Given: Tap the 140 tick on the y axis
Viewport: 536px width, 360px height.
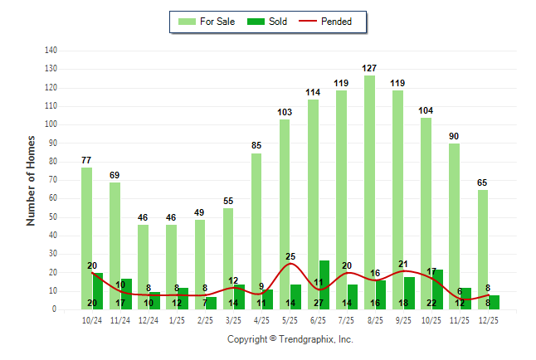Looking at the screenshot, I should coord(51,51).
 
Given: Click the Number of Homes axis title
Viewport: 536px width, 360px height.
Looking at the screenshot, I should coord(32,180).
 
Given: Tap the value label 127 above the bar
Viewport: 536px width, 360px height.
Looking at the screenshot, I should coord(370,68).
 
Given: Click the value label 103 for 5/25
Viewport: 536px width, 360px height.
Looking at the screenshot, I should coord(285,112).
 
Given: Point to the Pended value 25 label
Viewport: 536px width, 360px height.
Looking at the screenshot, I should coord(290,256).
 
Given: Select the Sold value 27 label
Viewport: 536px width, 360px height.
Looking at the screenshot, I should coord(319,304).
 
